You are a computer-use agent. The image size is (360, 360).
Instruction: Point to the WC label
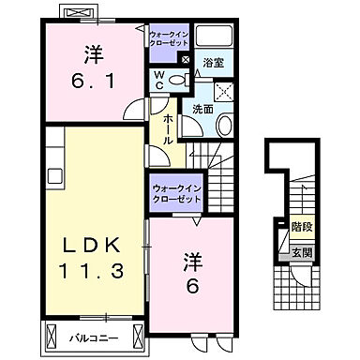click(x=158, y=81)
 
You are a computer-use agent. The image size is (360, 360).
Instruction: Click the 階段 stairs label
click(x=301, y=227)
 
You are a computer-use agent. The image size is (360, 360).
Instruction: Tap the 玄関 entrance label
click(x=301, y=253)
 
